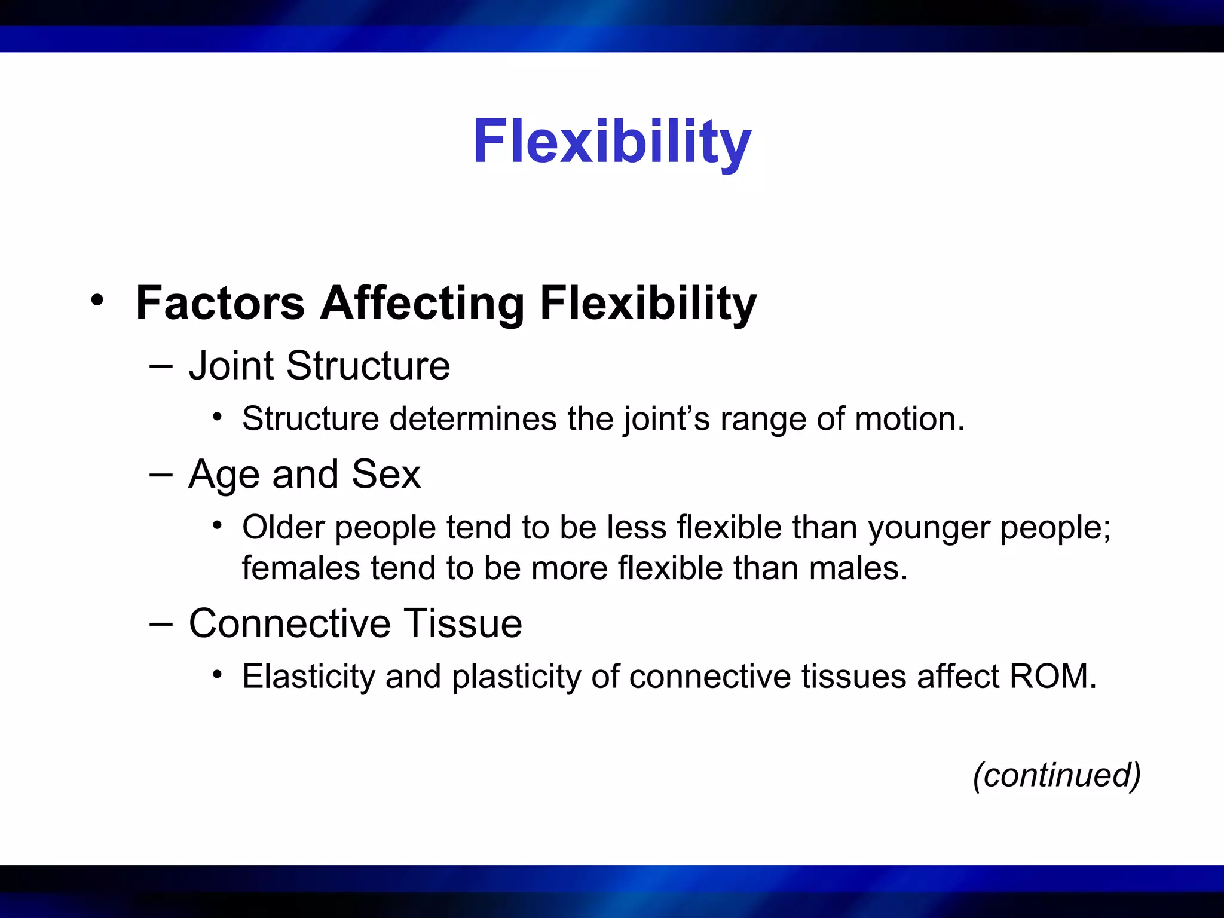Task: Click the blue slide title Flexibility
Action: point(611,142)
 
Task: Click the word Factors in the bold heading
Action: point(220,304)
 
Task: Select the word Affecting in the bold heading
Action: point(422,304)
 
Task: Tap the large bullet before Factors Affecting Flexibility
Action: point(97,300)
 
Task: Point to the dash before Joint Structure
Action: point(161,366)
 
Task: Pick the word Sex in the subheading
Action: point(386,475)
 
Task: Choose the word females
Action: point(301,568)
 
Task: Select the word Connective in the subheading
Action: point(290,623)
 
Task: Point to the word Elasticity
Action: point(308,677)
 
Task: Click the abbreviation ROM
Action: point(1052,677)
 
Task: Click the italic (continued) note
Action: point(1057,775)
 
